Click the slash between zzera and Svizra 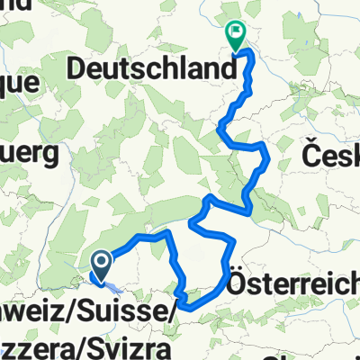[77, 344]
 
